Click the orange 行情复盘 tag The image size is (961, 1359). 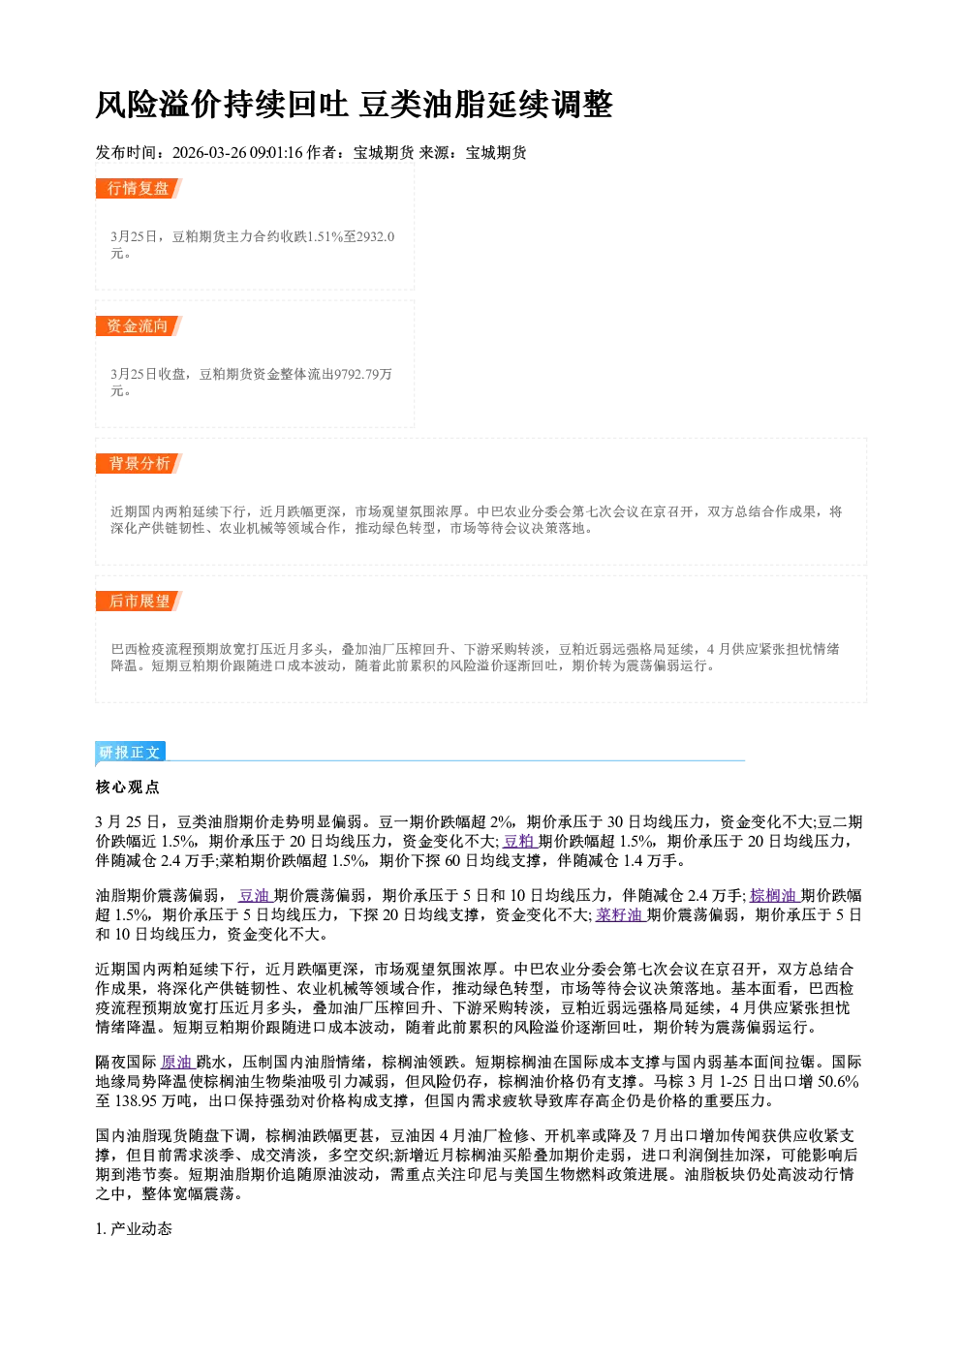[x=139, y=188]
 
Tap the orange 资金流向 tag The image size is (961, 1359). [x=139, y=325]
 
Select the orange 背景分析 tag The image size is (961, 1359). [x=139, y=464]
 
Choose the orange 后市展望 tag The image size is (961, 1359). [x=139, y=602]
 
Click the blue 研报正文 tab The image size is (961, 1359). [x=130, y=753]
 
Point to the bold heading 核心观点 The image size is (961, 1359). [x=128, y=788]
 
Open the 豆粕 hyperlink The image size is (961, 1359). [x=519, y=841]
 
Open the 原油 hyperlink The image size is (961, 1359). [x=177, y=1062]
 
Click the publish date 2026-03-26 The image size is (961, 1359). [x=209, y=153]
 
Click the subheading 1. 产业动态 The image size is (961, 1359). [x=134, y=1228]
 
